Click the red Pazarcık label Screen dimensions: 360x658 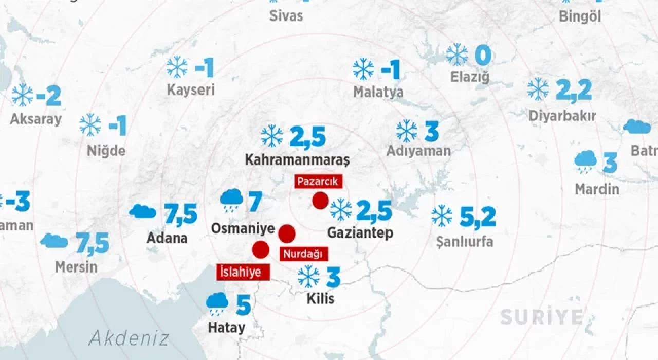click(x=317, y=181)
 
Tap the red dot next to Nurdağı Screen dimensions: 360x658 click(x=287, y=233)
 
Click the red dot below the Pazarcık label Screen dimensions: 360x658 click(x=320, y=200)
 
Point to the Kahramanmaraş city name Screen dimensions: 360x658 click(x=297, y=160)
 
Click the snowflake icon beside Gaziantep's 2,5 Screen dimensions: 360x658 click(x=341, y=210)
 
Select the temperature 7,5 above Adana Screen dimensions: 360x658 click(x=181, y=213)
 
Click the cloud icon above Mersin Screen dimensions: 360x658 click(x=54, y=241)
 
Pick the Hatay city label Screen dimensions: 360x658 click(x=226, y=328)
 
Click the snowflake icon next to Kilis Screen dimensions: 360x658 click(x=309, y=277)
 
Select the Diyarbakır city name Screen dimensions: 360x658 click(x=562, y=117)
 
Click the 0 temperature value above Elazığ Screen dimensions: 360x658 click(x=483, y=56)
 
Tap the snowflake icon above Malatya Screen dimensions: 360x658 click(x=363, y=69)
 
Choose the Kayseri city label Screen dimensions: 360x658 click(x=190, y=91)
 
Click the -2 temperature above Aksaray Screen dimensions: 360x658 click(x=49, y=96)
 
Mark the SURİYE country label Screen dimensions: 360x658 click(x=542, y=317)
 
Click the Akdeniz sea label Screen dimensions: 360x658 click(x=129, y=338)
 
